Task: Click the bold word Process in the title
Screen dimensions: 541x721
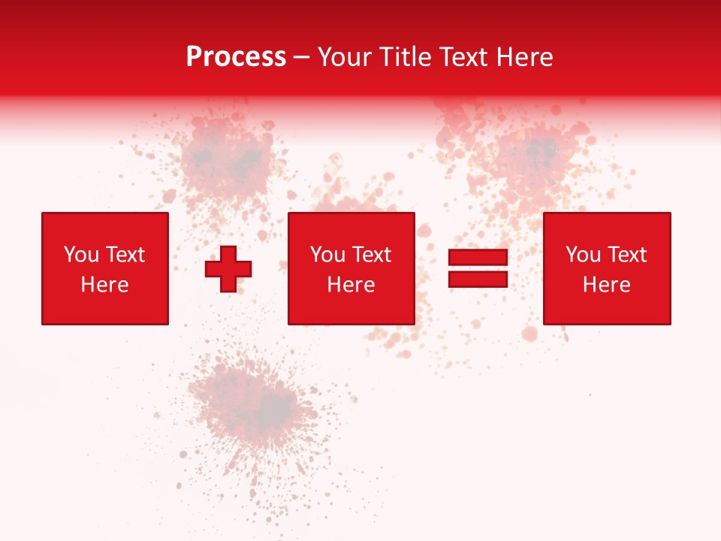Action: click(x=236, y=57)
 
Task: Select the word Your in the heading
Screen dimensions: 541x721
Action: click(x=345, y=57)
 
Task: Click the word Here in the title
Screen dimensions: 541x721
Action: click(x=523, y=57)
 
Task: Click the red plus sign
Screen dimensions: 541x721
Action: click(x=228, y=269)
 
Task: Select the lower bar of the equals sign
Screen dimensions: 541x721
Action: click(x=478, y=280)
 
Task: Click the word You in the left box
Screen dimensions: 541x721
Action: click(x=80, y=255)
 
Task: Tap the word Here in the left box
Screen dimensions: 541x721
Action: click(x=104, y=285)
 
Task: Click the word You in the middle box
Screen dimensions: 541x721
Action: click(x=327, y=255)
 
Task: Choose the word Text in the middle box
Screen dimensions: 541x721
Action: click(x=370, y=255)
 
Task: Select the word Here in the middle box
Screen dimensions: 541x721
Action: click(x=351, y=285)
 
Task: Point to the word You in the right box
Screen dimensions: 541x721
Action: click(x=582, y=255)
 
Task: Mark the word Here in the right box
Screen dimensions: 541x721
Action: click(x=606, y=285)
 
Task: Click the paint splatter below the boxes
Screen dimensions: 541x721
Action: click(x=255, y=406)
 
